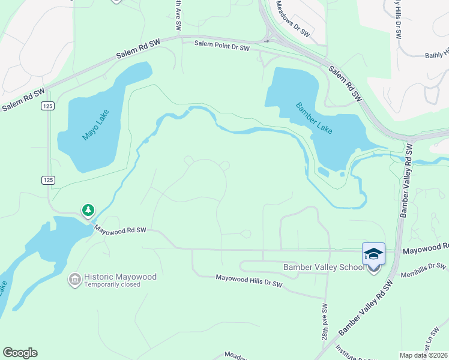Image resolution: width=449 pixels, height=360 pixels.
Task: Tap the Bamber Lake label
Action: coord(314,118)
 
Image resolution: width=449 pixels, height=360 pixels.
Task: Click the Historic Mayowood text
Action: coord(120,277)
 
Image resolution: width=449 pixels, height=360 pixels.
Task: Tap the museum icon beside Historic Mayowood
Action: coord(75,279)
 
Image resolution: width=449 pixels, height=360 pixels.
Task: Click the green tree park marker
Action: coord(88,210)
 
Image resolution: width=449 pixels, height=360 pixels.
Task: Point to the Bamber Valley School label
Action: coord(323,267)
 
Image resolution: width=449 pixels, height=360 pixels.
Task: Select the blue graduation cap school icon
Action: coord(373,253)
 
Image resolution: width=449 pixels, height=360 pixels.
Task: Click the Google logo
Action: coord(20,353)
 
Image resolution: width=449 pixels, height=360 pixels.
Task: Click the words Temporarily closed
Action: coord(112,285)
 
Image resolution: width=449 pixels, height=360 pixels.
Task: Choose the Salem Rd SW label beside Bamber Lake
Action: coord(346,84)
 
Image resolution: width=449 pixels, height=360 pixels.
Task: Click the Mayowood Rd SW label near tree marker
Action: coord(121,230)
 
